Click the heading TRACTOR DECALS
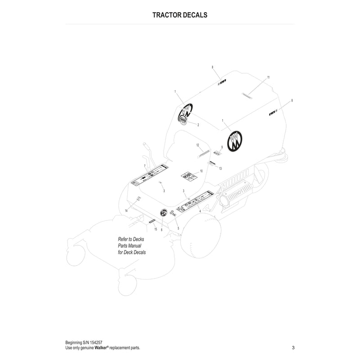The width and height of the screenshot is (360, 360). click(x=180, y=14)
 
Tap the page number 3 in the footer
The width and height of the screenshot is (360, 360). click(x=293, y=347)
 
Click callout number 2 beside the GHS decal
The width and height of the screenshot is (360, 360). click(x=198, y=125)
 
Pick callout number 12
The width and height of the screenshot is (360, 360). click(x=198, y=145)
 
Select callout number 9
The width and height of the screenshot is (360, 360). click(x=222, y=147)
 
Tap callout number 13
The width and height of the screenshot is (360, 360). click(x=220, y=168)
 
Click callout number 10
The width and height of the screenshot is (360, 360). click(x=201, y=171)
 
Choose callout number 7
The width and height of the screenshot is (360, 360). click(x=144, y=166)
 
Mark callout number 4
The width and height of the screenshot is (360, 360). click(x=200, y=211)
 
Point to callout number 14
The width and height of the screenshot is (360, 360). click(x=126, y=211)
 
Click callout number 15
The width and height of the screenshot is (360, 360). click(x=156, y=229)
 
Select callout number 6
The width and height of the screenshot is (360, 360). click(x=161, y=229)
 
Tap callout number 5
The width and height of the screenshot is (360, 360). click(x=178, y=228)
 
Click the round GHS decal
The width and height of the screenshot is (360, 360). click(x=183, y=121)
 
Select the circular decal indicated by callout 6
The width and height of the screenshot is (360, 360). click(x=164, y=212)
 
